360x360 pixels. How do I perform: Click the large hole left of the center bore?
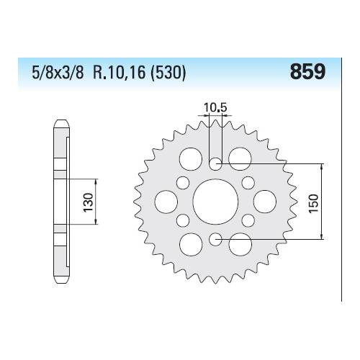click(165, 199)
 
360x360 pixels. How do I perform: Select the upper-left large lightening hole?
click(191, 156)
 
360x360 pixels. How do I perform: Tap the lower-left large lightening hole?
click(191, 243)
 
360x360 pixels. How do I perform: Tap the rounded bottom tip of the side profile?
click(62, 283)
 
